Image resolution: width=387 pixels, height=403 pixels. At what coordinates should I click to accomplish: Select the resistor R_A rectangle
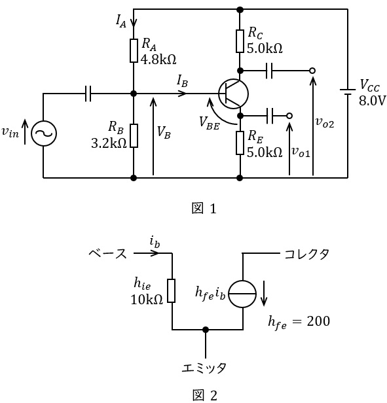(134, 50)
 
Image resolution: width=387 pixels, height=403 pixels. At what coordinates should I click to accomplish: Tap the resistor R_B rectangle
(134, 135)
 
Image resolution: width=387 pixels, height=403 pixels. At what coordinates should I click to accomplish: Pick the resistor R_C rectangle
(240, 41)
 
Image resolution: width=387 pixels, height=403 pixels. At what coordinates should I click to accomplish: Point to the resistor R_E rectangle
(240, 143)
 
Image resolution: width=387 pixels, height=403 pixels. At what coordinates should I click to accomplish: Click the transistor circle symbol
(233, 94)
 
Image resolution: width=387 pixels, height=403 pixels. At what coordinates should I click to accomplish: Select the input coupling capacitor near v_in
(88, 94)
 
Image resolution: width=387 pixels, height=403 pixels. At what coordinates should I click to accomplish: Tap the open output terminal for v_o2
(312, 71)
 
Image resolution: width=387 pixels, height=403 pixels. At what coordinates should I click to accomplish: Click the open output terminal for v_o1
(289, 116)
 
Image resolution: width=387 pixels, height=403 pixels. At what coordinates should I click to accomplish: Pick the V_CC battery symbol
(348, 92)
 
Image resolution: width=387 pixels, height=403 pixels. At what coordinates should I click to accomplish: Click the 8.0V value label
(373, 101)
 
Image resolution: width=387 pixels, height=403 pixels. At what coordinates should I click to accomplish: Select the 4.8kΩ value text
(158, 60)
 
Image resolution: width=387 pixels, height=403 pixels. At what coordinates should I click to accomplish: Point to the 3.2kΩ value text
(109, 143)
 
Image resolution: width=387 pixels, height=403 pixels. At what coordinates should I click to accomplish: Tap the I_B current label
(182, 81)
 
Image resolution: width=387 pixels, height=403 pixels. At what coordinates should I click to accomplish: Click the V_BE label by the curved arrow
(210, 122)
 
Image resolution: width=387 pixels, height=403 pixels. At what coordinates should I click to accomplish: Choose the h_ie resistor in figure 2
(172, 290)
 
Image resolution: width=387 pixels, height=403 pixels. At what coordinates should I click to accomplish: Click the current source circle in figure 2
(242, 294)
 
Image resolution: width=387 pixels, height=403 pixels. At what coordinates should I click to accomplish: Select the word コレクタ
(306, 254)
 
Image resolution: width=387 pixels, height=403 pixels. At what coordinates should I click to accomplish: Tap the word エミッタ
(204, 368)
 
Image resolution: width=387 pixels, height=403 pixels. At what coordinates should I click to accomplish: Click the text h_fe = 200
(299, 322)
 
